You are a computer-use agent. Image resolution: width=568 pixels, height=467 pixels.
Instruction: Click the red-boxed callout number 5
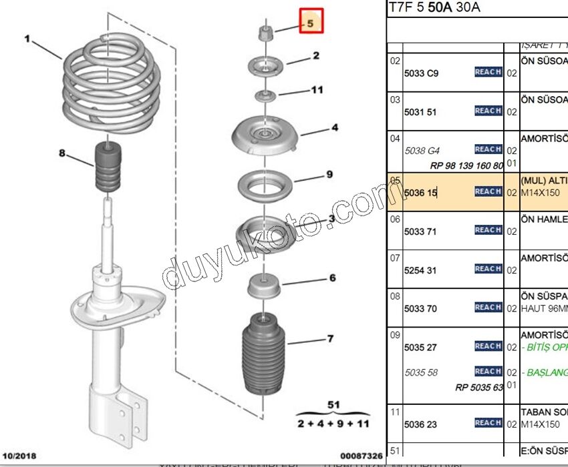(311, 21)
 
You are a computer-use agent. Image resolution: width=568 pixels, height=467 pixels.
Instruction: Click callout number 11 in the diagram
(317, 89)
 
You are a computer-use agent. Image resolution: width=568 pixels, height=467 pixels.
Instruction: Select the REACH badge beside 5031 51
(488, 111)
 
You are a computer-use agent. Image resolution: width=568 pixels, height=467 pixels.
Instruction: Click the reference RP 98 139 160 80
(466, 165)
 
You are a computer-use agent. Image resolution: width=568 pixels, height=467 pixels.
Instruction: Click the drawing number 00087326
(360, 456)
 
